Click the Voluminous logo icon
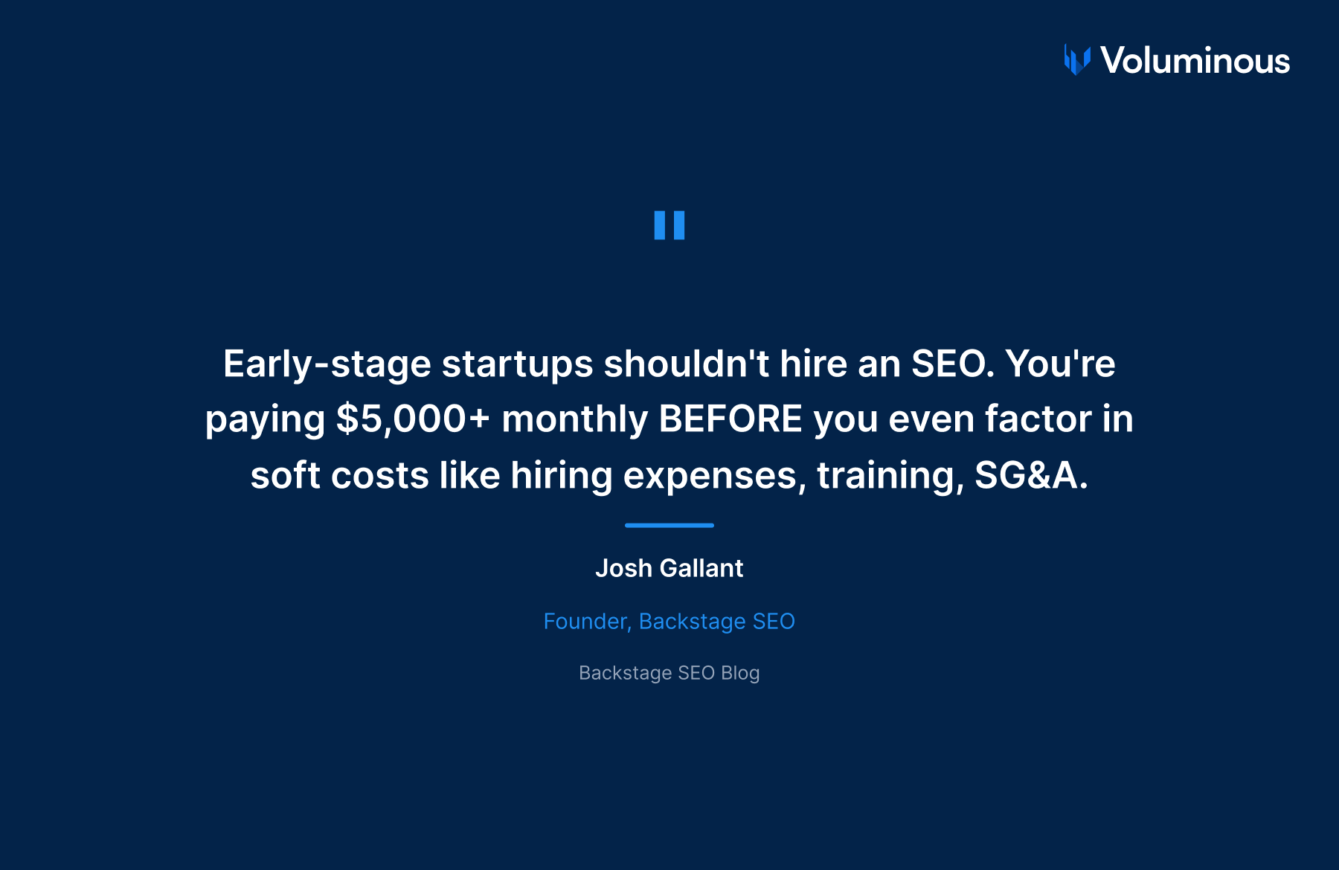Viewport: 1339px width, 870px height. click(1076, 60)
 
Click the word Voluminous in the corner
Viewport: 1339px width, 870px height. click(1195, 60)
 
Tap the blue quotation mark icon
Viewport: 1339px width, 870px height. click(669, 225)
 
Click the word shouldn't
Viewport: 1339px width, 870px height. click(686, 364)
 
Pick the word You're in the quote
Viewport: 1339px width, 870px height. click(1060, 364)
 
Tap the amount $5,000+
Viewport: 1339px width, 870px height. click(413, 419)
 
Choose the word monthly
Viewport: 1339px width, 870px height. click(574, 419)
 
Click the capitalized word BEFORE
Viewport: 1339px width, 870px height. click(730, 419)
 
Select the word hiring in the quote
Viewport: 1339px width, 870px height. click(561, 476)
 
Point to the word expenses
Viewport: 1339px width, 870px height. click(714, 476)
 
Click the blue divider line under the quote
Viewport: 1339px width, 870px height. click(669, 525)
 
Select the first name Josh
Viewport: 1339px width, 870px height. click(623, 569)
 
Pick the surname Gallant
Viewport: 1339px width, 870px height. click(701, 569)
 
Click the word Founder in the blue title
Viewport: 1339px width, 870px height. click(587, 622)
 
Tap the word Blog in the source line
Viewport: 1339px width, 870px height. click(740, 673)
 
